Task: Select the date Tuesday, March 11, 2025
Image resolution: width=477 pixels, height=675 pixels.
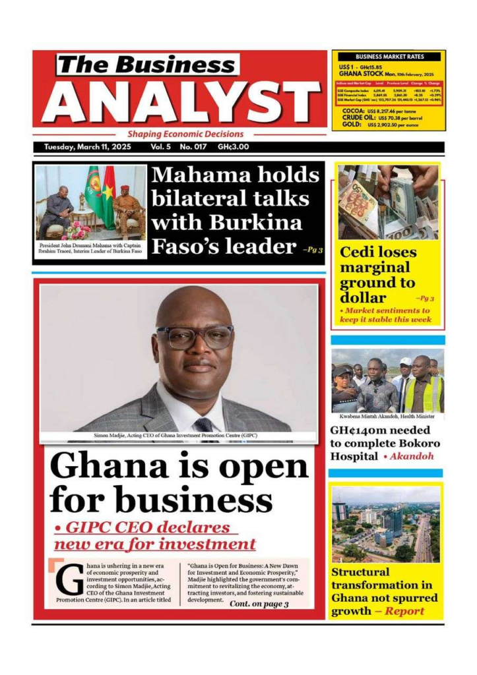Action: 87,147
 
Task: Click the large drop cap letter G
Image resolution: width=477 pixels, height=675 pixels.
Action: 69,580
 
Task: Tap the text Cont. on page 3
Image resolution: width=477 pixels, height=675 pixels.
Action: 259,604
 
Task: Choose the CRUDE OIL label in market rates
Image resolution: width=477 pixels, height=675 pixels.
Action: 360,117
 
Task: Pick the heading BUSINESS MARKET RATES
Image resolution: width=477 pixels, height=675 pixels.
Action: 389,57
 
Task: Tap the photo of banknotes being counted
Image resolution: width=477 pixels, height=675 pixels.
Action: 388,202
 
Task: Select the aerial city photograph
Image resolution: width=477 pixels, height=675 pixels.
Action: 386,525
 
